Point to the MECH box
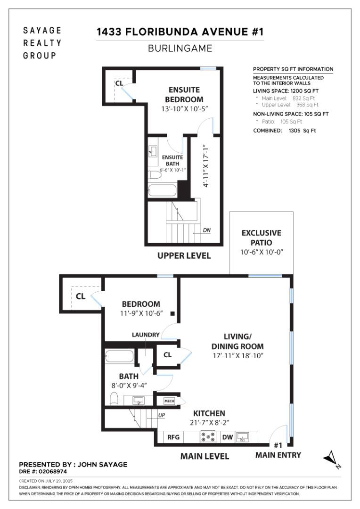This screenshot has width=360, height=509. tap(169, 401)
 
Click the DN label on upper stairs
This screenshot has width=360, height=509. tap(206, 230)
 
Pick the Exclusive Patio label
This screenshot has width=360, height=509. tap(261, 238)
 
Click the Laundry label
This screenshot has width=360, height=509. tap(145, 335)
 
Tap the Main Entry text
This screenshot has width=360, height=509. tap(278, 455)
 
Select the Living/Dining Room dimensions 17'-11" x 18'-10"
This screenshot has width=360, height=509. tap(237, 355)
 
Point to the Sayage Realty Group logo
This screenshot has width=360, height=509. tap(42, 43)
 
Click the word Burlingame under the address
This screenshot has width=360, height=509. tap(180, 48)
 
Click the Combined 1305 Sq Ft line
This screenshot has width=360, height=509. tap(285, 131)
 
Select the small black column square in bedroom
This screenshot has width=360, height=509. tap(173, 313)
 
